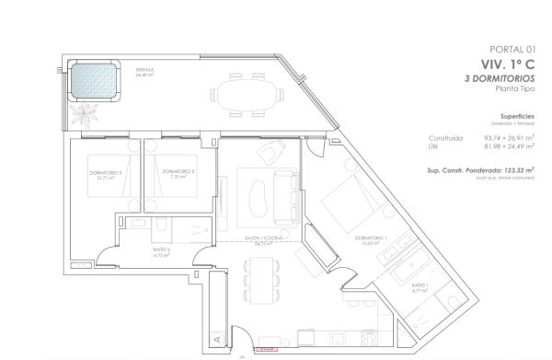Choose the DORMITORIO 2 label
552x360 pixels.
pos(178,172)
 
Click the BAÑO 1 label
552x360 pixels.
pos(420,289)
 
